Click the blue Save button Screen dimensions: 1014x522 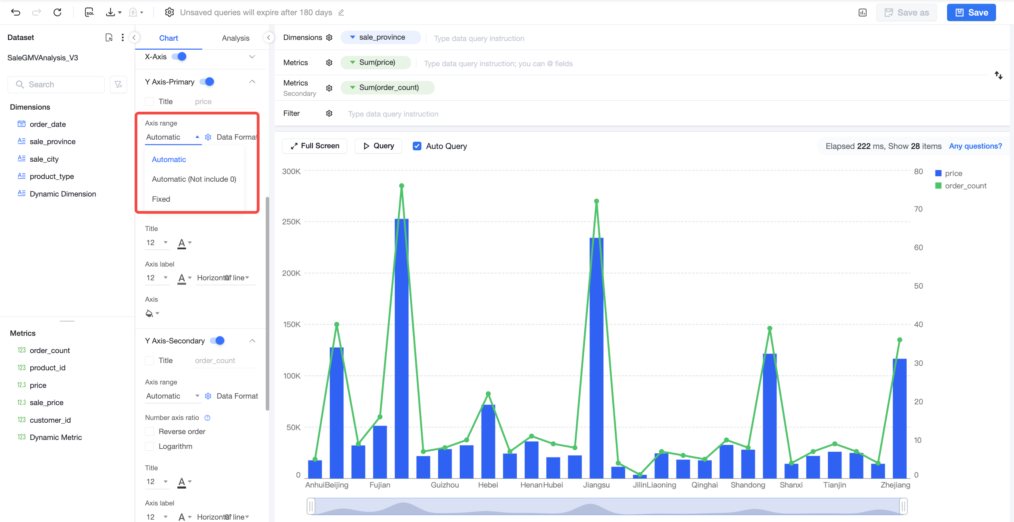point(971,13)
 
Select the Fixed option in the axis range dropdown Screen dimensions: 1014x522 point(161,199)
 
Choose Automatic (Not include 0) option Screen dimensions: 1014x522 point(194,179)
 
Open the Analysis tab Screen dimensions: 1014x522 point(235,38)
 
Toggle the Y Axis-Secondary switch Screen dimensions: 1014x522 point(217,340)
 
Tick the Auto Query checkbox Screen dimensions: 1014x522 point(417,146)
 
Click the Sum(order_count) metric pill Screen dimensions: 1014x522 point(387,87)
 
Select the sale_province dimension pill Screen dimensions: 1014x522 point(380,37)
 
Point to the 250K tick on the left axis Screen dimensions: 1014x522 point(291,222)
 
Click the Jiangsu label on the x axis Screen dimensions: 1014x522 point(596,485)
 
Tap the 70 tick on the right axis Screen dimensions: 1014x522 point(918,209)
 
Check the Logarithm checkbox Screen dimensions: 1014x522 point(149,446)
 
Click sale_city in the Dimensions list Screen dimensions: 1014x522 point(44,159)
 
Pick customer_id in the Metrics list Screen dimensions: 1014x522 point(50,420)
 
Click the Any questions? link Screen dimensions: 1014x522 point(975,146)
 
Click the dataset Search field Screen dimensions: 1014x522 point(56,84)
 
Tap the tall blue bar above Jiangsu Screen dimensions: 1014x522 point(596,358)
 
